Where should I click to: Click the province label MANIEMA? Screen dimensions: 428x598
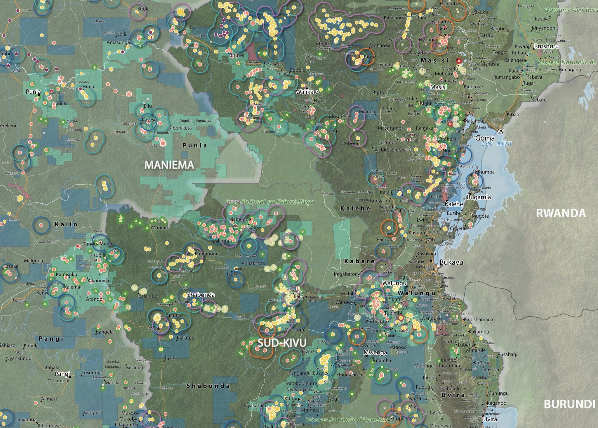(x=169, y=165)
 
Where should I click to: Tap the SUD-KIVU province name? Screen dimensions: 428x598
(x=282, y=343)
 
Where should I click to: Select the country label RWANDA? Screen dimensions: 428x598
(x=561, y=213)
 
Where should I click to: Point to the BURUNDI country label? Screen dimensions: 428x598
(x=569, y=404)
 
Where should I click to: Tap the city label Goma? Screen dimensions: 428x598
(x=485, y=138)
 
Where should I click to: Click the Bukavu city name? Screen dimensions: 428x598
(x=451, y=262)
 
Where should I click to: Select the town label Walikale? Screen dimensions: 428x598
(x=307, y=92)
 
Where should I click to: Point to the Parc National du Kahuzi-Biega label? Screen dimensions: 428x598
(x=270, y=202)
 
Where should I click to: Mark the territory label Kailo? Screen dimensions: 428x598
(x=66, y=224)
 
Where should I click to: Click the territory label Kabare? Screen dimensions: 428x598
(x=359, y=261)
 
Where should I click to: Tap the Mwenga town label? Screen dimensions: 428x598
(x=375, y=353)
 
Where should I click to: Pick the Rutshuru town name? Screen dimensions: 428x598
(x=546, y=46)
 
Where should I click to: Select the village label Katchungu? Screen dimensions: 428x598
(x=206, y=254)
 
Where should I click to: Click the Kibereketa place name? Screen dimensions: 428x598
(x=180, y=128)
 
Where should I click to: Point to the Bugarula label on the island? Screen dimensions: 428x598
(x=479, y=197)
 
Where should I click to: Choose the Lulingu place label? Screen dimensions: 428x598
(x=221, y=241)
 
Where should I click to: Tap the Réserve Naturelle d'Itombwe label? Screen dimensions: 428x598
(x=347, y=420)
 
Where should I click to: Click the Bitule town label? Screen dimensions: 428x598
(x=143, y=9)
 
